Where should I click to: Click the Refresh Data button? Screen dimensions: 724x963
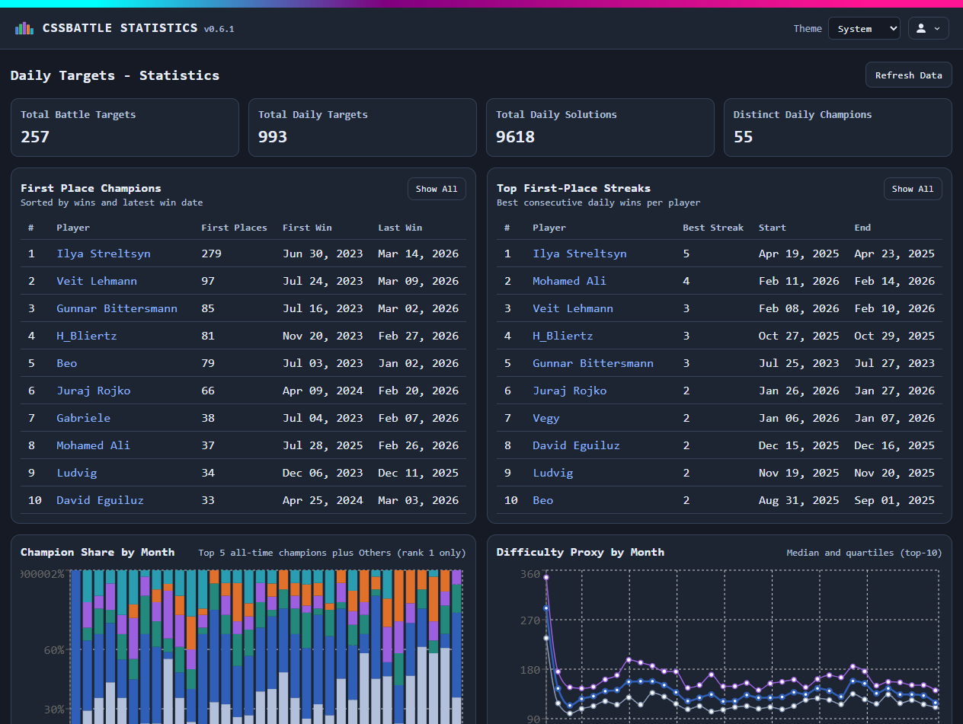[x=908, y=75]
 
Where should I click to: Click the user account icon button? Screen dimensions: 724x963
[x=928, y=29]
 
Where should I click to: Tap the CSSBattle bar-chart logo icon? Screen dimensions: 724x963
[x=24, y=28]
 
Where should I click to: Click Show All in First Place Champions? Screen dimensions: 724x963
[x=437, y=189]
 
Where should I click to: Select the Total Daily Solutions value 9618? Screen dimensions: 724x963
[x=515, y=137]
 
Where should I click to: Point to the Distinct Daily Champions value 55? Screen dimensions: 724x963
[x=743, y=137]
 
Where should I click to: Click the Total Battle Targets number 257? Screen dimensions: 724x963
[x=35, y=137]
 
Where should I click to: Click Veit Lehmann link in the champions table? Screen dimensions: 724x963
[x=97, y=281]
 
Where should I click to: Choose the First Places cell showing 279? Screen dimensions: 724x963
[x=211, y=254]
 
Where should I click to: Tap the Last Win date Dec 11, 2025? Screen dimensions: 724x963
[x=418, y=473]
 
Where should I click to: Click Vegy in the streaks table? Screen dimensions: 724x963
[x=545, y=418]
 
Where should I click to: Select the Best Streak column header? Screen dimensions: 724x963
[x=712, y=228]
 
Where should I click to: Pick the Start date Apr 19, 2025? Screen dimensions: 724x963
[x=798, y=254]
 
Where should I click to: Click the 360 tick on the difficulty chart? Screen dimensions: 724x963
[x=529, y=574]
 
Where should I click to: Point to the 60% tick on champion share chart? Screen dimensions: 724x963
[x=53, y=650]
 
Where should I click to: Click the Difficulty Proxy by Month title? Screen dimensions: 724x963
[x=580, y=552]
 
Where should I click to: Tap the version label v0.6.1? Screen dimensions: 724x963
[x=219, y=30]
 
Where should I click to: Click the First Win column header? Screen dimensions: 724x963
[x=307, y=228]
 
